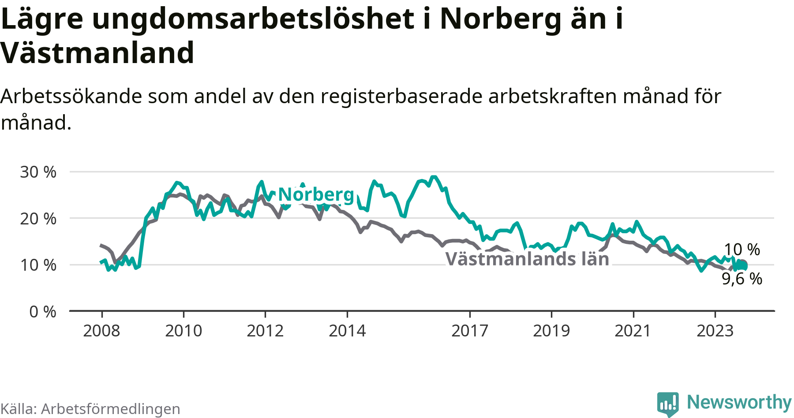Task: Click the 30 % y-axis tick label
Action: click(x=38, y=172)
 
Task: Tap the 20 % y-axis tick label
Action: click(x=38, y=218)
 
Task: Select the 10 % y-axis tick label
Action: click(x=38, y=265)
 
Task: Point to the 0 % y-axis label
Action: click(x=43, y=312)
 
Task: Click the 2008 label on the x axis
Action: click(x=101, y=331)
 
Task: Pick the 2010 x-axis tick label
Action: click(x=184, y=331)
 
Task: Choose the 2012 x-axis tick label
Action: click(x=265, y=331)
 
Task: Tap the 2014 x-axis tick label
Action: click(x=347, y=331)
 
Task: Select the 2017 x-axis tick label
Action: click(x=470, y=331)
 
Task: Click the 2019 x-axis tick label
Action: click(x=551, y=331)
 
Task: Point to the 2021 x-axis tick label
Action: click(x=633, y=331)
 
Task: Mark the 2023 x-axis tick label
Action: click(x=715, y=331)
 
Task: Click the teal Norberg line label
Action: click(x=316, y=194)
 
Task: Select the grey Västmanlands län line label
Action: click(x=528, y=259)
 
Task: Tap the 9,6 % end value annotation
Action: click(x=742, y=279)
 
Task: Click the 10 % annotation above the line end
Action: click(x=742, y=250)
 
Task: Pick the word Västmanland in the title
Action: click(x=97, y=53)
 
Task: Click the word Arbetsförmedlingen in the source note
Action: click(x=111, y=409)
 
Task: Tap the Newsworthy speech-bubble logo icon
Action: click(x=668, y=404)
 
